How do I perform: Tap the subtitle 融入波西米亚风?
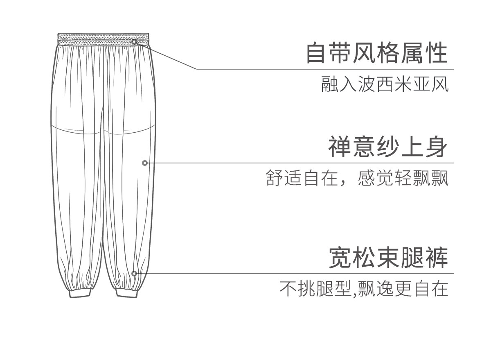[385, 84]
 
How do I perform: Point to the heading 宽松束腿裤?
[388, 258]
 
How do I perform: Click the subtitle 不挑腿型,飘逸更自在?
[364, 289]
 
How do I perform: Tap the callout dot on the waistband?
[134, 41]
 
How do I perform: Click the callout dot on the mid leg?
[145, 163]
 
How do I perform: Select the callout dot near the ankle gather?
[134, 273]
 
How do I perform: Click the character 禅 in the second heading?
[339, 147]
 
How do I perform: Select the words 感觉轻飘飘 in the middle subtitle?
[403, 179]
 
